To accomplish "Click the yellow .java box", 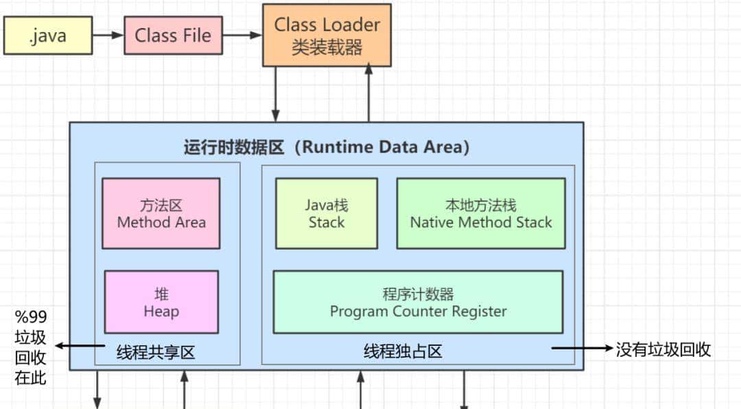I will [x=48, y=36].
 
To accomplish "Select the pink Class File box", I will [x=173, y=36].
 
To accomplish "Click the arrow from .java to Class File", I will [x=108, y=35].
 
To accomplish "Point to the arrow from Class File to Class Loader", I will [x=242, y=35].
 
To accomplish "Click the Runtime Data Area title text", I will [x=327, y=147].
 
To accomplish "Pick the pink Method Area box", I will [x=161, y=213].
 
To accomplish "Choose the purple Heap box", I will [x=161, y=302].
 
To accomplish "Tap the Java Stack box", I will [x=327, y=213].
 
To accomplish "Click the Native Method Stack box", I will [x=481, y=213].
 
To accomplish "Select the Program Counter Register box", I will [x=418, y=303].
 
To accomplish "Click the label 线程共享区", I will [x=156, y=353].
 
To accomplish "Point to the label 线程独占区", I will [x=403, y=352].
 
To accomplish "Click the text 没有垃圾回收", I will [x=663, y=349].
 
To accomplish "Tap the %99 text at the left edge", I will [x=30, y=318].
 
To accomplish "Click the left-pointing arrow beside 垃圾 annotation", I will [x=79, y=346].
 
